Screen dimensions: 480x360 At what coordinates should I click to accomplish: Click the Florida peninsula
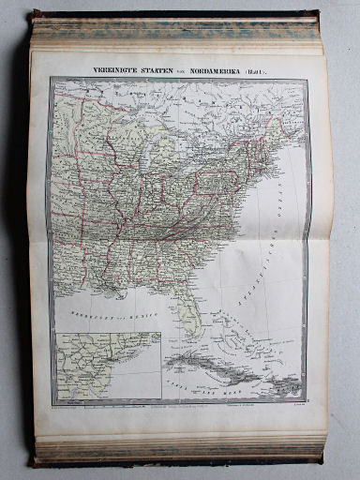coord(193,315)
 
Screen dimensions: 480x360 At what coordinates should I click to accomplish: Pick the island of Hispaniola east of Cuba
coord(278,382)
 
